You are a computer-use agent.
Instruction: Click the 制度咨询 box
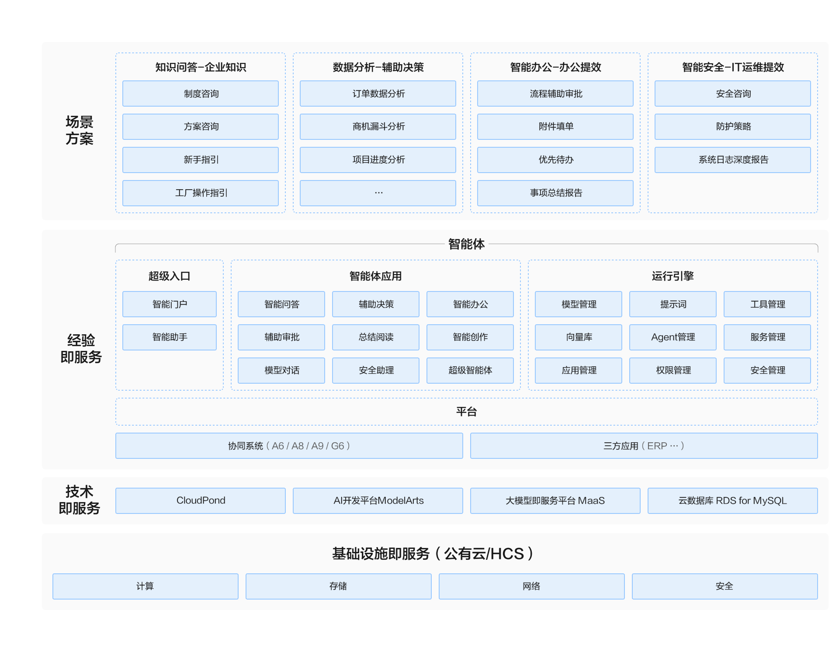coord(201,94)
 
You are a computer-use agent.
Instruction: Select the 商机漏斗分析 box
coord(378,127)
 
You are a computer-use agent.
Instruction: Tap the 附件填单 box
coord(555,127)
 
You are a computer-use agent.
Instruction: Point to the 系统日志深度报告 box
coord(733,160)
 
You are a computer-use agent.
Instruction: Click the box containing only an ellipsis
coord(378,193)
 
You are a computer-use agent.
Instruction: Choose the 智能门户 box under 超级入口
coord(170,304)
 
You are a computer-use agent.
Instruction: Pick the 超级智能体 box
coord(470,371)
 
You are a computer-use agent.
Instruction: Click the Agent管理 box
coord(673,337)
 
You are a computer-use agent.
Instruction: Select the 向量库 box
coord(579,337)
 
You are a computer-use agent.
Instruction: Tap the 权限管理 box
coord(673,371)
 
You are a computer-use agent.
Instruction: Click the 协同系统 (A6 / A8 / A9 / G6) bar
coord(289,446)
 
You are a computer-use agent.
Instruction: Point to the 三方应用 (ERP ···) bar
coord(644,446)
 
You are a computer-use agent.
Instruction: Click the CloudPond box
coord(201,501)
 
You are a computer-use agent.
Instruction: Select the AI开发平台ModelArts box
coord(378,501)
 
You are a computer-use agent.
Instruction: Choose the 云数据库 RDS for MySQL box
coord(733,501)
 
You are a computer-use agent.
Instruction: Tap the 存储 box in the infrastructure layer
coord(339,586)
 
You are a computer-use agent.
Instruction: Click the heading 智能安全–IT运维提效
coord(733,67)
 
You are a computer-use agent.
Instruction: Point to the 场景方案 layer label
coord(80,130)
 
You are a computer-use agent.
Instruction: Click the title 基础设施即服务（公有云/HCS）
coord(433,554)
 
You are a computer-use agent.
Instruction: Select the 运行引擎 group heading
coord(673,276)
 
